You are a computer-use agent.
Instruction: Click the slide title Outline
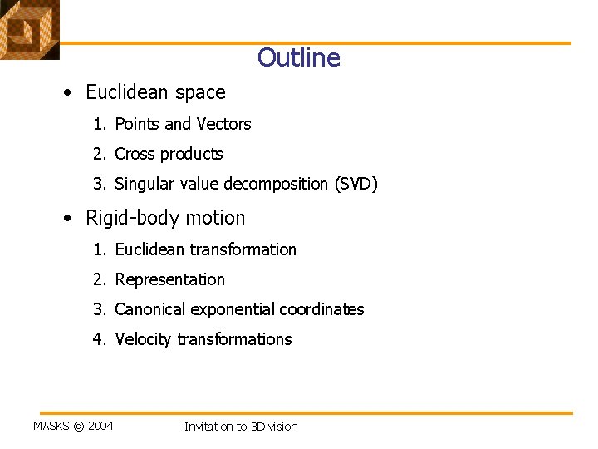point(298,57)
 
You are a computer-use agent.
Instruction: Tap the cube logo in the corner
point(29,29)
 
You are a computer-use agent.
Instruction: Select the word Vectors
point(223,124)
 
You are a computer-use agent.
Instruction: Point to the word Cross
point(135,154)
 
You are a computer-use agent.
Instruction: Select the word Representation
point(169,279)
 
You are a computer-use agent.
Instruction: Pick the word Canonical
point(150,309)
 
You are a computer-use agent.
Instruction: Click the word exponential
point(233,309)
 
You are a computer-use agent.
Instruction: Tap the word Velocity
point(143,339)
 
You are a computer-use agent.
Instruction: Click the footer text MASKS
point(51,427)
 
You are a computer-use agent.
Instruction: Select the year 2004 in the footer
point(100,427)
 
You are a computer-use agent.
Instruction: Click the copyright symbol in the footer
point(79,427)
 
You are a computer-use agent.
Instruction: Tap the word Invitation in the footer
point(208,427)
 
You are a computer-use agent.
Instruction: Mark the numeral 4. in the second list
point(100,339)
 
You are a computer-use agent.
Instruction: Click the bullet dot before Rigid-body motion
point(66,219)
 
